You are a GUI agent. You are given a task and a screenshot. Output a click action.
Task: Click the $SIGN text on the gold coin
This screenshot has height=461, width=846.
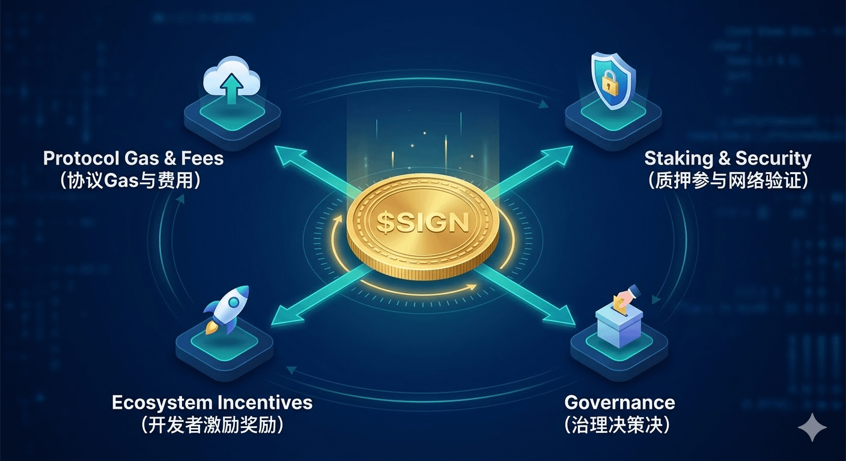tap(422, 223)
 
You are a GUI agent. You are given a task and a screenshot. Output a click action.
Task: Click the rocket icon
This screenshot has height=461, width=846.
tap(226, 309)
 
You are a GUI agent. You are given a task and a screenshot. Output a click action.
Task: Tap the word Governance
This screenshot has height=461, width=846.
tap(619, 402)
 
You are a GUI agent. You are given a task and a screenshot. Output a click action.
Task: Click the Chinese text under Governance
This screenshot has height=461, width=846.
tap(618, 425)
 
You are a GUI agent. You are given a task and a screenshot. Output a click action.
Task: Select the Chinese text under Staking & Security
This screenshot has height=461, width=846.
tap(727, 181)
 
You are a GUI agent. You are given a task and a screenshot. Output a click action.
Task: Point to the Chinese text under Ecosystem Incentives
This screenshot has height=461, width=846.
tap(212, 425)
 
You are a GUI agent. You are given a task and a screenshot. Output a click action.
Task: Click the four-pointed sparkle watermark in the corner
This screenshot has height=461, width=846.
tap(812, 427)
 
